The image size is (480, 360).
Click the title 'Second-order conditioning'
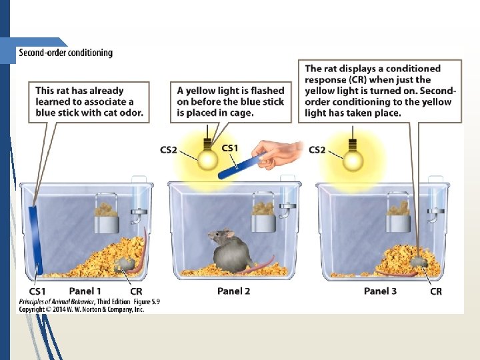point(65,53)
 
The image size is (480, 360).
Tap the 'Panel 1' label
point(85,291)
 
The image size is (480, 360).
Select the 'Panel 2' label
point(233,291)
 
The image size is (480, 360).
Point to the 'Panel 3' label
point(380,291)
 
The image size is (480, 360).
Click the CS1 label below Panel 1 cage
point(37,291)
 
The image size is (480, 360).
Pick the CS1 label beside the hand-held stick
point(230,148)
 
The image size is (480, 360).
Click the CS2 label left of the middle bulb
point(169,150)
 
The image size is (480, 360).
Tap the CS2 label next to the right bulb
point(317,150)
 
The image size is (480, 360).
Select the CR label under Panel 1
point(135,291)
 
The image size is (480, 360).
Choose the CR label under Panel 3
point(435,291)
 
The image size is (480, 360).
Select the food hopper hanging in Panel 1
point(107,215)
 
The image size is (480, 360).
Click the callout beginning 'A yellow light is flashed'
point(231,101)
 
